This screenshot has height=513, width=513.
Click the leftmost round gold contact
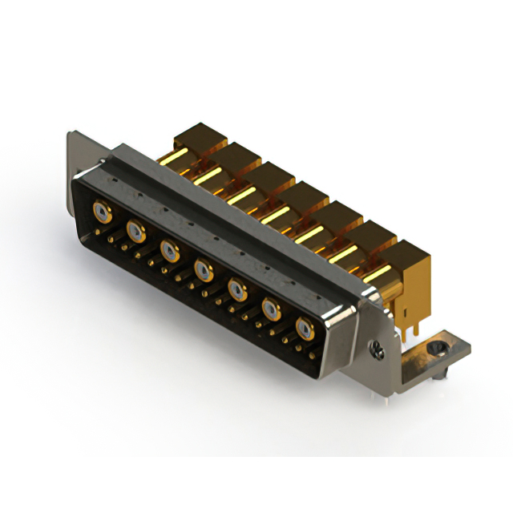[x=103, y=212]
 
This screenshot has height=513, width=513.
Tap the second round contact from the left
[x=136, y=232]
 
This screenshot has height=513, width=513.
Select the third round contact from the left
[x=170, y=251]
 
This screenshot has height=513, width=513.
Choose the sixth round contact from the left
[x=271, y=307]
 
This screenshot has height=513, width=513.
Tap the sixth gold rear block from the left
[x=370, y=233]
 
